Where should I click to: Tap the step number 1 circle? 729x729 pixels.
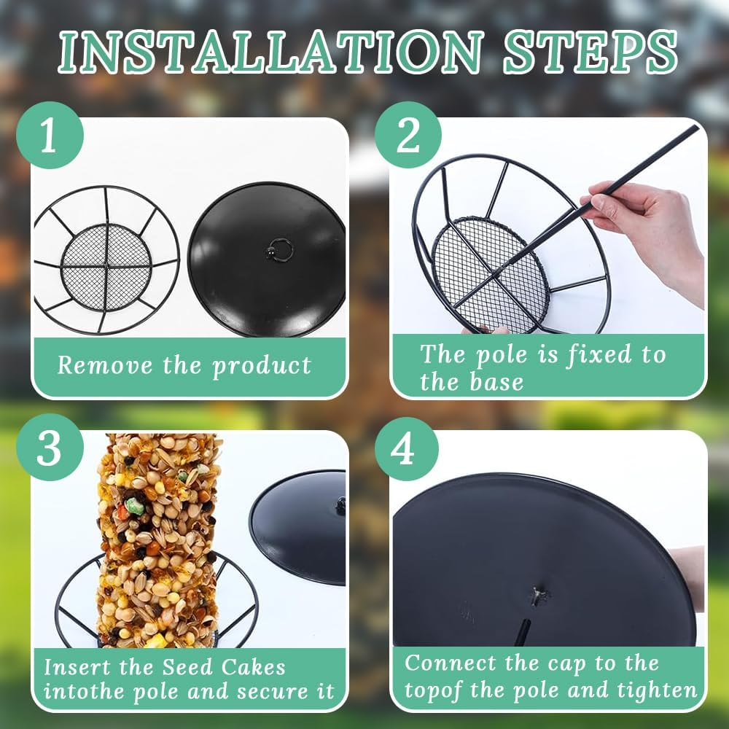pos(48,136)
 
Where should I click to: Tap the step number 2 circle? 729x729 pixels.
pos(408,136)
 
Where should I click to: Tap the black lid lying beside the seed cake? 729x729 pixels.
pos(303,525)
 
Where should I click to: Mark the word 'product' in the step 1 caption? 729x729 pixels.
pos(262,366)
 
